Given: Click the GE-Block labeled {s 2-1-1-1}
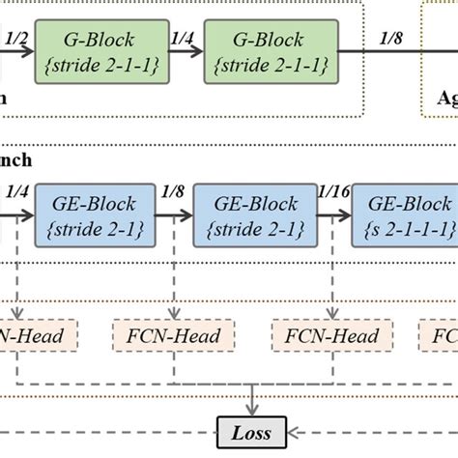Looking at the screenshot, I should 403,216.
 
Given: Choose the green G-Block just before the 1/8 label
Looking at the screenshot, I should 270,51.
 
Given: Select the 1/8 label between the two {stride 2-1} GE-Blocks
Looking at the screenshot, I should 174,192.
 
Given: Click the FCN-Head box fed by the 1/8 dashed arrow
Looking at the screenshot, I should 175,336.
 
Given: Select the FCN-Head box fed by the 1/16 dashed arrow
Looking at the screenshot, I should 333,336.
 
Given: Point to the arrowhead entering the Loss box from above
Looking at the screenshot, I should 251,413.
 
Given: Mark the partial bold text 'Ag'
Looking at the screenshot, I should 446,98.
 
